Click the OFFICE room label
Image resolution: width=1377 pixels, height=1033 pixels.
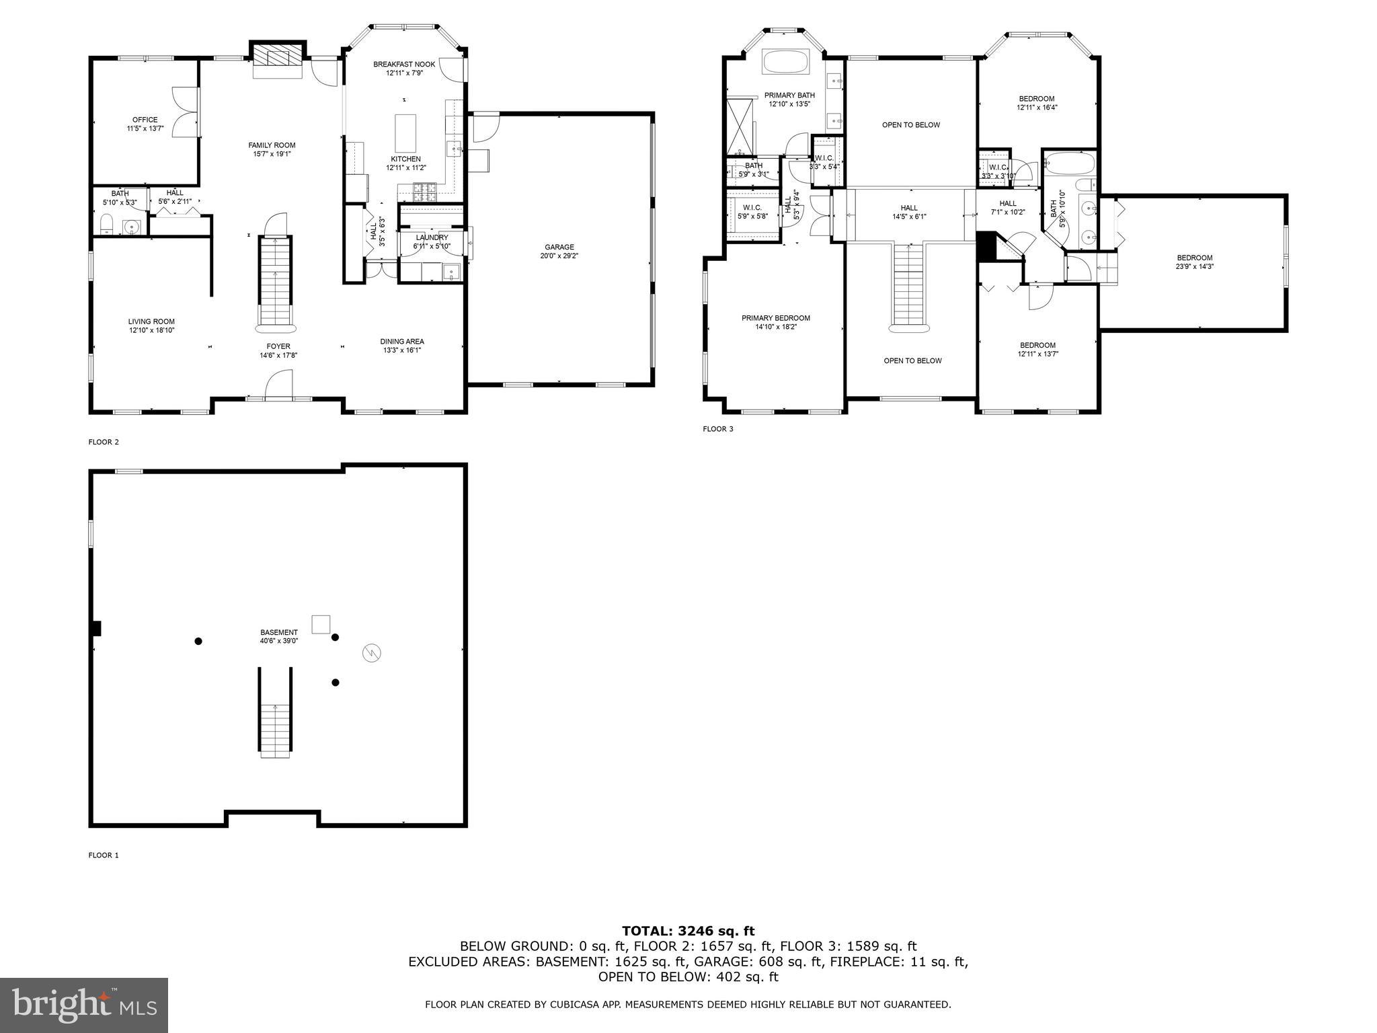pyautogui.click(x=145, y=120)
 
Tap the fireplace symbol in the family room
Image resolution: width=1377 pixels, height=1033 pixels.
pyautogui.click(x=278, y=58)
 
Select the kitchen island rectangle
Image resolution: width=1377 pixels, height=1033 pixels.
pyautogui.click(x=405, y=133)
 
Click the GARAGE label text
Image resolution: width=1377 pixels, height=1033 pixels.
pyautogui.click(x=559, y=247)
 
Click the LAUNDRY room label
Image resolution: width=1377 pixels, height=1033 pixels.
pyautogui.click(x=432, y=237)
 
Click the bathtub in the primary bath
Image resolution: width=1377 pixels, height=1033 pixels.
pyautogui.click(x=787, y=62)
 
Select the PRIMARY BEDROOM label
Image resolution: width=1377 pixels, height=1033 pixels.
pyautogui.click(x=775, y=318)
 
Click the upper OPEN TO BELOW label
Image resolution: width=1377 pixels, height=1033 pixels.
pyautogui.click(x=911, y=125)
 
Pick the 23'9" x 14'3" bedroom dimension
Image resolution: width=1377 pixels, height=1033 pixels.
pyautogui.click(x=1194, y=266)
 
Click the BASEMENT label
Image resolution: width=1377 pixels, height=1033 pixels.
pyautogui.click(x=279, y=632)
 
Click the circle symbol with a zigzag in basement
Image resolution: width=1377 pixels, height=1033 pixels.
pyautogui.click(x=372, y=652)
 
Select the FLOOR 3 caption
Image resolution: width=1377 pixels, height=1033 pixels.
pyautogui.click(x=718, y=429)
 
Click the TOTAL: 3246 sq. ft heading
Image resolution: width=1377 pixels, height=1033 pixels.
pyautogui.click(x=688, y=931)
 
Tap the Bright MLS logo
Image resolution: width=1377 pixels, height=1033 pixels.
pyautogui.click(x=84, y=1005)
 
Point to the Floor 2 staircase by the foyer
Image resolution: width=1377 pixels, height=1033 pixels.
pyautogui.click(x=276, y=282)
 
